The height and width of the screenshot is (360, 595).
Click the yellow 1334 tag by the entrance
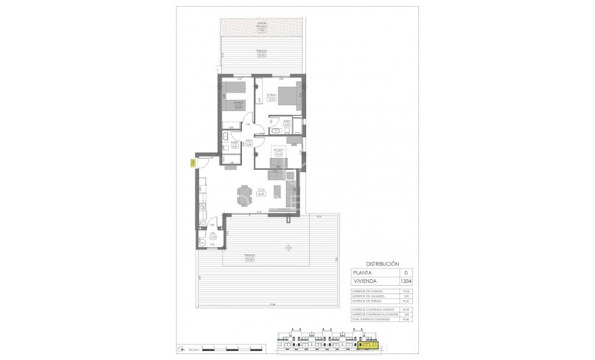tap(192, 165)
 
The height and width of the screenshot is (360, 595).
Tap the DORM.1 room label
tap(271, 96)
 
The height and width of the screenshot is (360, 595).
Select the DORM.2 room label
tap(238, 103)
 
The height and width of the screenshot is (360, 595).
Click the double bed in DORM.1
tap(287, 95)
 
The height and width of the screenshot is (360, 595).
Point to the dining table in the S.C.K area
tap(244, 195)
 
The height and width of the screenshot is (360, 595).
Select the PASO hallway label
tap(250, 141)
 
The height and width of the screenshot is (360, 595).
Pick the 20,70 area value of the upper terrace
tap(262, 55)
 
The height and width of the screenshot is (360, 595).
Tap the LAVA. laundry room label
tap(212, 233)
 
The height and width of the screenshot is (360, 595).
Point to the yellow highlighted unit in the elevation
tap(369, 343)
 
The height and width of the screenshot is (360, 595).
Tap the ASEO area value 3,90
tap(286, 125)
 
